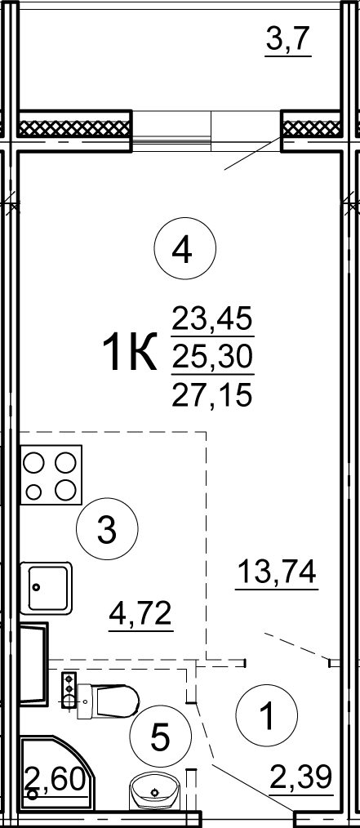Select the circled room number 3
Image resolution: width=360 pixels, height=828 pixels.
107,528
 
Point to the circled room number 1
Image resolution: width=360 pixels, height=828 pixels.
267,716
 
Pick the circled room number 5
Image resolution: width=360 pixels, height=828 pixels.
160,737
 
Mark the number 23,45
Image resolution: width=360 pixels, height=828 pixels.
213,319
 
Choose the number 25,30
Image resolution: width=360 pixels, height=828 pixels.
213,358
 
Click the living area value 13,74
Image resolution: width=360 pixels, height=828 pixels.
277,572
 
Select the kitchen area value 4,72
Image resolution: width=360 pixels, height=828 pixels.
140,614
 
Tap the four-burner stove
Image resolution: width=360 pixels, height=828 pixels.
51,474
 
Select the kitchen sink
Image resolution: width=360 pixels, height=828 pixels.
46,588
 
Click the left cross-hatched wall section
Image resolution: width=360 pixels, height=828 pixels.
74,128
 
